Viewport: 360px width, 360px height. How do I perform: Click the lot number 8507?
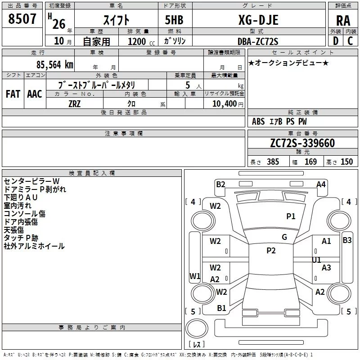(22, 19)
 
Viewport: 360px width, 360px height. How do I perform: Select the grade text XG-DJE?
(258, 20)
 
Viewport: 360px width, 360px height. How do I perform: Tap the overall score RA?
(343, 21)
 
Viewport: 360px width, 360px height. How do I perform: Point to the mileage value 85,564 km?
(54, 65)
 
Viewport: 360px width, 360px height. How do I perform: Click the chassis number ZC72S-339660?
(302, 143)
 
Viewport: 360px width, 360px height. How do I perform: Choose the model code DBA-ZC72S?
(258, 41)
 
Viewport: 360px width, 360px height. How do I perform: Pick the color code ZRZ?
(75, 104)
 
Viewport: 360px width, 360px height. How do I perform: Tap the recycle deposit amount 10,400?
(224, 104)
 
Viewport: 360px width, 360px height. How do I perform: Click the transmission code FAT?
(13, 94)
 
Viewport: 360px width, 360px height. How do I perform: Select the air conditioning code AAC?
(35, 94)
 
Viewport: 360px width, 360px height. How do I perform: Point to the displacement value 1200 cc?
(141, 41)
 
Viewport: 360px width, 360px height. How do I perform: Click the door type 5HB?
(174, 20)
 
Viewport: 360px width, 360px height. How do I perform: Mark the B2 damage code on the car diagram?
(220, 184)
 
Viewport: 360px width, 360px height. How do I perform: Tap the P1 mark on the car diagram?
(291, 216)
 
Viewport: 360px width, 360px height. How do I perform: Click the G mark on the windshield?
(284, 237)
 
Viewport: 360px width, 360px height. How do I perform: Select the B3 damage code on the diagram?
(347, 240)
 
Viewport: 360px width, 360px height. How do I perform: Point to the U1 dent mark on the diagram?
(316, 260)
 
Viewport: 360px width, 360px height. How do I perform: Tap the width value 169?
(310, 162)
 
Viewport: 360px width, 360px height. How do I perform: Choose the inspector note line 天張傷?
(14, 230)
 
